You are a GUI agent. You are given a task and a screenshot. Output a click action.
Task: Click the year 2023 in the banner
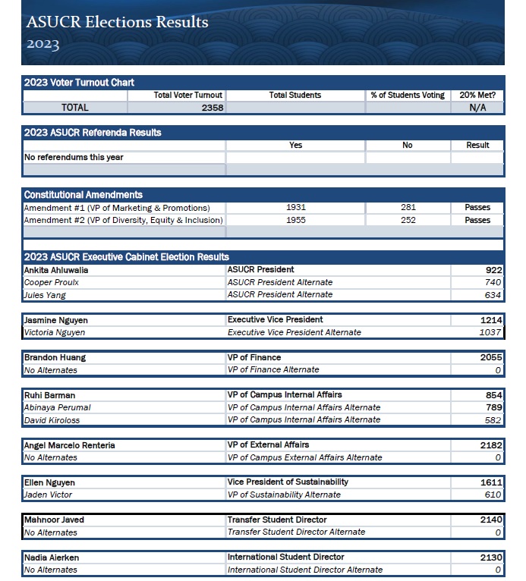coord(43,44)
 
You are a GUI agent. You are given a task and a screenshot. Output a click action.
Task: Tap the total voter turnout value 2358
coord(212,108)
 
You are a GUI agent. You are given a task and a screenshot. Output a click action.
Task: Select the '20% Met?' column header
coord(477,95)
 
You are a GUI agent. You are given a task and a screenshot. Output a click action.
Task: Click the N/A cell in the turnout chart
coord(477,108)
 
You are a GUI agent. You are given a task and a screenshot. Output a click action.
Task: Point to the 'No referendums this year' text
coord(74,158)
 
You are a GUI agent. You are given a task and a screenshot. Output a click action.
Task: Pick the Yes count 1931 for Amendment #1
coord(296,207)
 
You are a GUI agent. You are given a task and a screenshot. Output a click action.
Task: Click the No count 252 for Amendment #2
coord(408,220)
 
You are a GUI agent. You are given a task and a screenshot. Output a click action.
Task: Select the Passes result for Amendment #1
coord(477,207)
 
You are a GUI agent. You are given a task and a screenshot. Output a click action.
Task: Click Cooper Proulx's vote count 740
coord(492,282)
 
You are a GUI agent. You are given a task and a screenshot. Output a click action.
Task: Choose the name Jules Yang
coord(45,295)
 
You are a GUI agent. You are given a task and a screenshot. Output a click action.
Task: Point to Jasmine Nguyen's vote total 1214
coord(490,320)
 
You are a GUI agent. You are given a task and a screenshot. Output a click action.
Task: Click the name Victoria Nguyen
coord(55,332)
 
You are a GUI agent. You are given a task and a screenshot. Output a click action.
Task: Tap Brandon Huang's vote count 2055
coord(490,357)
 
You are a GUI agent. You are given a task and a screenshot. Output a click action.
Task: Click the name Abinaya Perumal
coord(58,407)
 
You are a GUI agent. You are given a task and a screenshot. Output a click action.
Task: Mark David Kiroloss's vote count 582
coord(492,419)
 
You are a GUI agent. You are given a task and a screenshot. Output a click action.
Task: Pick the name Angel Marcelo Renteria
coord(70,445)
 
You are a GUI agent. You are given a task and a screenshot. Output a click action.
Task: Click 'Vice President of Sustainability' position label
coord(288,482)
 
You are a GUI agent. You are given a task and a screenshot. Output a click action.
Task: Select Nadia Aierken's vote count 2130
coord(490,557)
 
